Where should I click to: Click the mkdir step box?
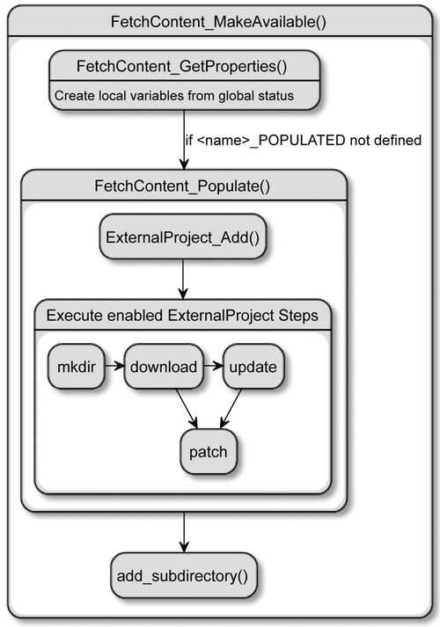(77, 367)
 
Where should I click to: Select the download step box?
(164, 367)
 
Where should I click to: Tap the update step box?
(253, 367)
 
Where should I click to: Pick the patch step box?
(209, 452)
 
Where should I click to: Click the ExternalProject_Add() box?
(183, 237)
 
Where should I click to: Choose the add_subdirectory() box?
(184, 576)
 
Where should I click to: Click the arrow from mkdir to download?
(114, 366)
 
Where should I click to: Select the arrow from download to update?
(213, 366)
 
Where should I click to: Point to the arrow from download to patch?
(187, 409)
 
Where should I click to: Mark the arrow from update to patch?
(231, 409)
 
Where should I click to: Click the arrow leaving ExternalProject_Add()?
(183, 279)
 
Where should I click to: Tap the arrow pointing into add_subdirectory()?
(184, 533)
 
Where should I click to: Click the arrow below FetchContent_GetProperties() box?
(184, 140)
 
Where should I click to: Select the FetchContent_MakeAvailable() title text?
(218, 22)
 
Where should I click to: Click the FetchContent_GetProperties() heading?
(182, 66)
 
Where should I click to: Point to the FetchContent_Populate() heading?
(182, 186)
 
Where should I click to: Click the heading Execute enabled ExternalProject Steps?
(182, 316)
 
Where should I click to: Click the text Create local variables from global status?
(174, 96)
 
